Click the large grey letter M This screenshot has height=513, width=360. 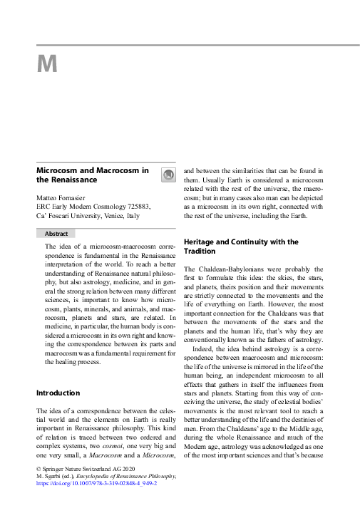pos(46,64)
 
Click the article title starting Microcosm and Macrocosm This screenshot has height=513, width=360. pos(92,175)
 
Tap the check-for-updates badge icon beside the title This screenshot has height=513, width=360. pos(168,175)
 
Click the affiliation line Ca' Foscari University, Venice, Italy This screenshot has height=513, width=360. pos(88,215)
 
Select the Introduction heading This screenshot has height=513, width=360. pos(58,393)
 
